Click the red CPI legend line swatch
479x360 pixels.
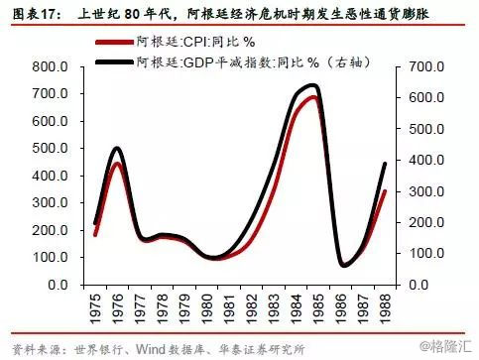(x=114, y=43)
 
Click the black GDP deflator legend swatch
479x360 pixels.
(x=114, y=61)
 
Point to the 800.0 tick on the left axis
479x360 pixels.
(x=50, y=66)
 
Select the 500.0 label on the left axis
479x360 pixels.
(x=50, y=148)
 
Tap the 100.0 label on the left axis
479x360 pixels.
(x=50, y=257)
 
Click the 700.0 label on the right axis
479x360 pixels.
(x=426, y=66)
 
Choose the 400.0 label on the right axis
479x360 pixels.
(x=426, y=160)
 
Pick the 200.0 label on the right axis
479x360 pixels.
(x=426, y=222)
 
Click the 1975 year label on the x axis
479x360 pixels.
(x=95, y=308)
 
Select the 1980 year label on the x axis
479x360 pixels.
(x=206, y=308)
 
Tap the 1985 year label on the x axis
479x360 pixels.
(x=318, y=308)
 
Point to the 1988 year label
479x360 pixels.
(x=385, y=308)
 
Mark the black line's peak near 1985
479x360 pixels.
(x=312, y=86)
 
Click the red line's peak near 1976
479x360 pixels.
(x=117, y=164)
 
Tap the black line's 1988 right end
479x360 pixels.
(x=385, y=164)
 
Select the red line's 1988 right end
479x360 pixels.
(x=385, y=191)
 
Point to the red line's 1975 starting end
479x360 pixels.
(x=95, y=235)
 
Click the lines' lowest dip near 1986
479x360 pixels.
(x=344, y=265)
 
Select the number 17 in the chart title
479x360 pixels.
(x=49, y=15)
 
